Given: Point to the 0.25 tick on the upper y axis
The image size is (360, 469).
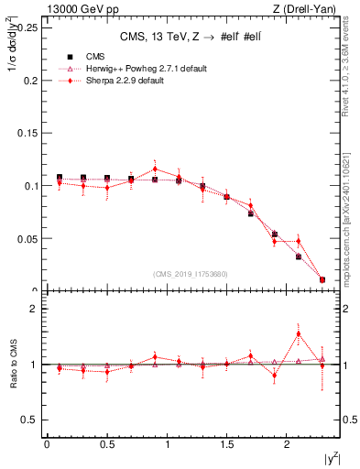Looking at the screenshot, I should pos(29,27).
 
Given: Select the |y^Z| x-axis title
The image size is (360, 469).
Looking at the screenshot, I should pos(329,457).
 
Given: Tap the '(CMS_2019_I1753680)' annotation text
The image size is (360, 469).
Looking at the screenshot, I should pos(190,274).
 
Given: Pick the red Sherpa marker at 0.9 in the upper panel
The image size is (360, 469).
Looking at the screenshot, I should pos(155,169).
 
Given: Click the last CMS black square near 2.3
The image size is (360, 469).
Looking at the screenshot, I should pos(322,279).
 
